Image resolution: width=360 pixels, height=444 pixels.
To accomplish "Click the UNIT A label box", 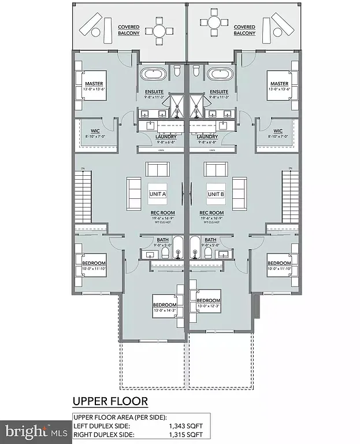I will point(158,194).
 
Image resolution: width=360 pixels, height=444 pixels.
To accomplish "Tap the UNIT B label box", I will point(215,194).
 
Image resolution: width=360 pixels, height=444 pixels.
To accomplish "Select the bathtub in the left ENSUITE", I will point(154,75).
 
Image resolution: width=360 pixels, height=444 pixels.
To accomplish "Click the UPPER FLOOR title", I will point(110,401).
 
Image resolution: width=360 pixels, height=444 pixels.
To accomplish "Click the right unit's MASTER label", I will point(279,84).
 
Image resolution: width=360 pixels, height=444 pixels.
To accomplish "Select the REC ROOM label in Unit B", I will point(211,213).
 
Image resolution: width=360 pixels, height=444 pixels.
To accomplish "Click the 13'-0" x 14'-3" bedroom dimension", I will point(164,311).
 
